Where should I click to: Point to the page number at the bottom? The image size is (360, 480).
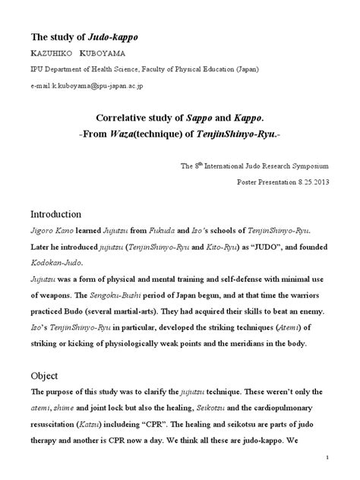327,456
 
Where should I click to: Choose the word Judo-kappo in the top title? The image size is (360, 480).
112,36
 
